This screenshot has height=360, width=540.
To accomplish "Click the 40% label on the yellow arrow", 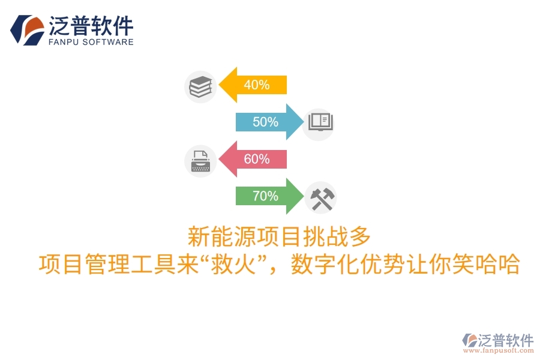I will [256, 85].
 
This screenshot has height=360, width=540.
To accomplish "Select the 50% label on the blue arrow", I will [265, 122].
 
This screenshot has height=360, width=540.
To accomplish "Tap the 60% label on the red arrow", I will [256, 160].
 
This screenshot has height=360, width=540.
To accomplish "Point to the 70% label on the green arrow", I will [265, 196].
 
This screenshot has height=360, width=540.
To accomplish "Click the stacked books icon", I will [200, 86].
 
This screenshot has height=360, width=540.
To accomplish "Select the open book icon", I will [320, 123].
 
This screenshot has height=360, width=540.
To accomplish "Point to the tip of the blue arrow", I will [304, 122].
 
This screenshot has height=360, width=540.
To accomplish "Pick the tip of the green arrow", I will [304, 196].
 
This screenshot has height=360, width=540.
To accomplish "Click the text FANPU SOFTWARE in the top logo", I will [91, 42].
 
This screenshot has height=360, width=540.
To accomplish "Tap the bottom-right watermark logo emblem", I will [469, 340].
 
